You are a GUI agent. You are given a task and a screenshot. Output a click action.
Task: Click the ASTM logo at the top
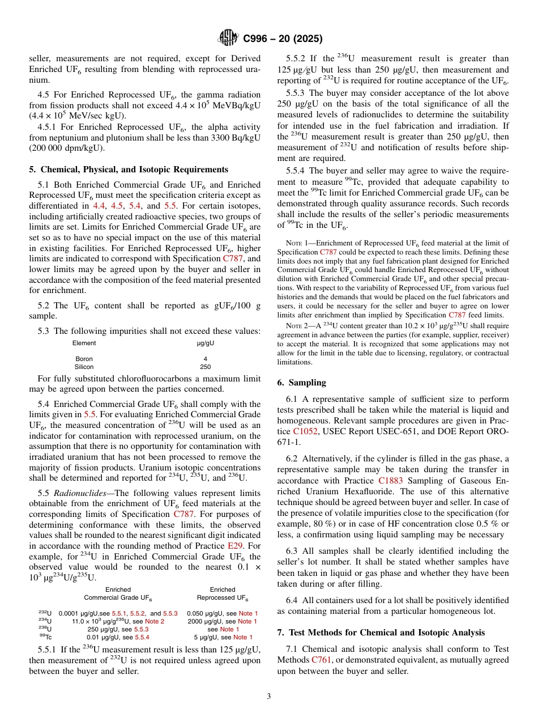point(228,39)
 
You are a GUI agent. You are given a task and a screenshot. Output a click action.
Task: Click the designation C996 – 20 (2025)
point(283,39)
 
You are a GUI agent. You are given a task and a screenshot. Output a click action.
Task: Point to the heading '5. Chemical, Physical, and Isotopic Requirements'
point(129,169)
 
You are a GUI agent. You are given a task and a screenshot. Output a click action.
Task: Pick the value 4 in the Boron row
point(205,359)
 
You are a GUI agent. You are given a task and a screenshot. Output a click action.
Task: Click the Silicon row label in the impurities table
point(84,367)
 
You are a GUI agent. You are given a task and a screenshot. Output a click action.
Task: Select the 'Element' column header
point(84,343)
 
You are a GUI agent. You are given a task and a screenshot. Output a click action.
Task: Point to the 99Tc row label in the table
point(45,637)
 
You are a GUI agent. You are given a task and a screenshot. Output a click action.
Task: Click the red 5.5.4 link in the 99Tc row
point(142,637)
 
